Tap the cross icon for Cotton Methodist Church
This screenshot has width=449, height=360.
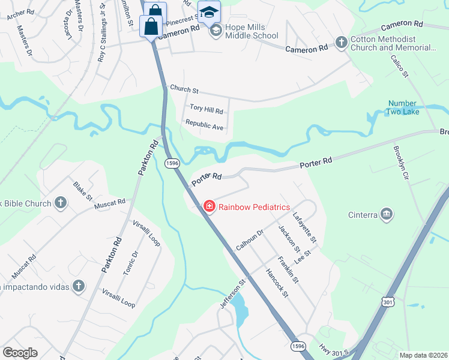341,43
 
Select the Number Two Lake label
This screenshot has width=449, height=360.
410,107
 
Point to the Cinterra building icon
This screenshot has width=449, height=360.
387,214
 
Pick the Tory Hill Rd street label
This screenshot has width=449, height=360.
206,110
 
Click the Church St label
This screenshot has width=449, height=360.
184,89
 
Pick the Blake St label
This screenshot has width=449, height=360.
83,191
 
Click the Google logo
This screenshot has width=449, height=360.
20,353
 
